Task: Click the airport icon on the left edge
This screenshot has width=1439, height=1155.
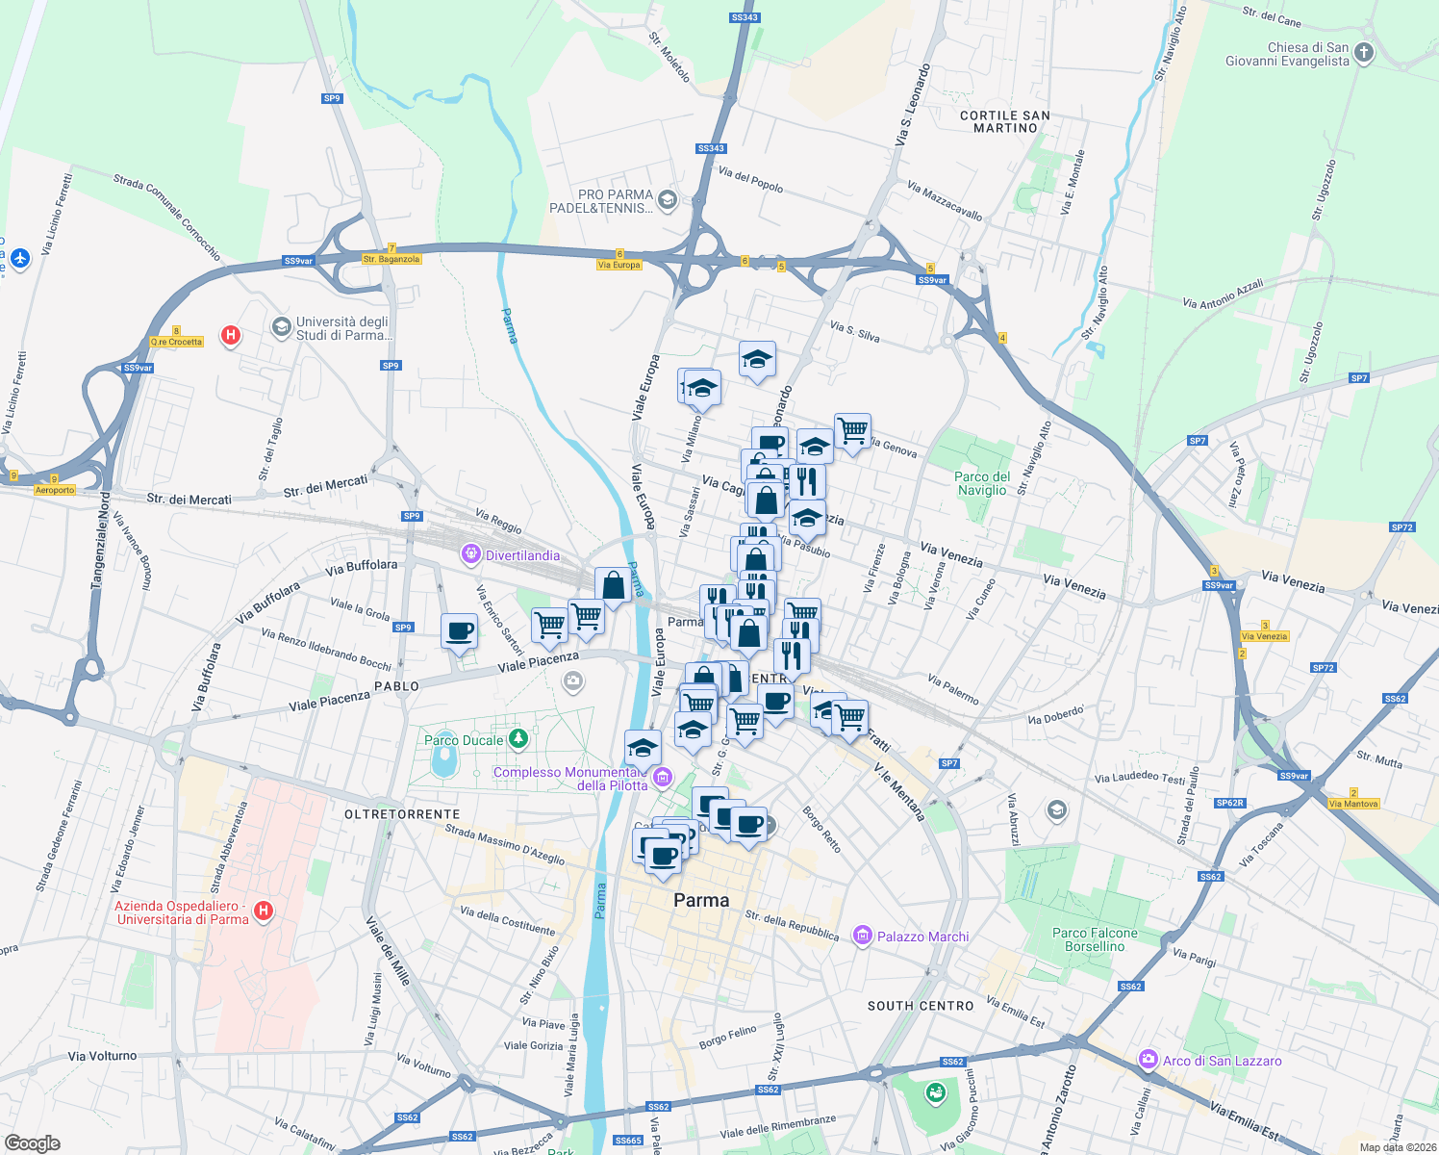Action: tap(20, 258)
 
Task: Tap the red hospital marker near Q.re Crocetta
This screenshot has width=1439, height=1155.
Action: tap(231, 335)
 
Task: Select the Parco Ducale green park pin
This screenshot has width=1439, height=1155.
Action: tap(518, 738)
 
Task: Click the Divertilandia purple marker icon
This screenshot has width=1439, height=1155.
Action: tap(470, 553)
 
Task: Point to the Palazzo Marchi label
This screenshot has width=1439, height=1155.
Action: tap(921, 937)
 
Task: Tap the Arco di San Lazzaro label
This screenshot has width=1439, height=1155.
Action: tap(1222, 1061)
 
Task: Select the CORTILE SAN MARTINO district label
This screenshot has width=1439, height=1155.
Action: tap(1005, 121)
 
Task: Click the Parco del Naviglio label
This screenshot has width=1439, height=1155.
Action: tap(981, 483)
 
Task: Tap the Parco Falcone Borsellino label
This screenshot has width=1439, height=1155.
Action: tap(1095, 939)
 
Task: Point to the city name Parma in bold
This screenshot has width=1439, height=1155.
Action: tap(701, 900)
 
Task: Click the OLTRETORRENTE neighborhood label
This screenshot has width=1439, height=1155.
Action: tap(402, 814)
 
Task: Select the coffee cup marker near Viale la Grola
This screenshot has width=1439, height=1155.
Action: tap(459, 632)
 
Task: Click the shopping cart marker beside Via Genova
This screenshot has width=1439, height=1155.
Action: tap(852, 431)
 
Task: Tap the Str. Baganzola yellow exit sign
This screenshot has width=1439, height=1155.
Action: tap(391, 259)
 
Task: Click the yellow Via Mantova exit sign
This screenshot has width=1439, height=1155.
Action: tap(1353, 804)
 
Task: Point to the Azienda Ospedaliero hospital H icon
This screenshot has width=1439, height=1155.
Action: tap(263, 910)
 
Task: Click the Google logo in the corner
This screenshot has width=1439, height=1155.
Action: tap(32, 1142)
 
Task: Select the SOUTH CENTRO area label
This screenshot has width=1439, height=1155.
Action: tap(921, 1006)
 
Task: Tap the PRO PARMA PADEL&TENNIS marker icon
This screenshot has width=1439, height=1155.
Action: tap(668, 200)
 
